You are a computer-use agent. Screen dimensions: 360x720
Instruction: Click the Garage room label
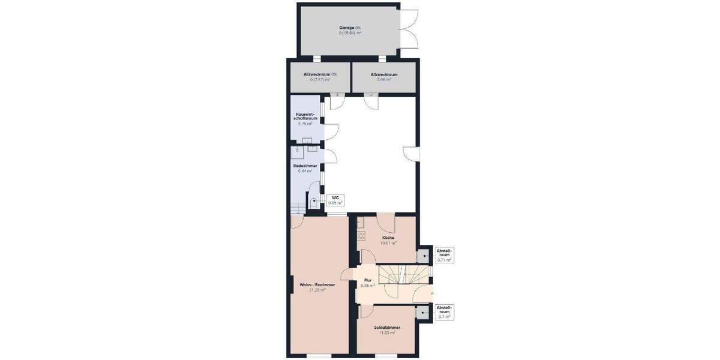click(x=350, y=28)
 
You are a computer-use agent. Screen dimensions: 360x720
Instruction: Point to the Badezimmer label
click(x=305, y=166)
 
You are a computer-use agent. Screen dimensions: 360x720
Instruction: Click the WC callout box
click(x=335, y=200)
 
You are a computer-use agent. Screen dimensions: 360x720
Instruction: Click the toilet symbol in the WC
click(x=314, y=203)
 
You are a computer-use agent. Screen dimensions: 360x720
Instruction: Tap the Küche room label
click(x=388, y=238)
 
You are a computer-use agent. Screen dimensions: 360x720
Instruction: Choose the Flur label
click(x=368, y=280)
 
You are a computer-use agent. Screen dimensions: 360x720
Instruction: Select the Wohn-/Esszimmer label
click(x=317, y=284)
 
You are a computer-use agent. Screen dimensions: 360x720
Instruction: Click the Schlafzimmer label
click(x=387, y=328)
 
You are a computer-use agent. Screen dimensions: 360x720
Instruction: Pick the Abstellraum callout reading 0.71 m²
click(x=444, y=255)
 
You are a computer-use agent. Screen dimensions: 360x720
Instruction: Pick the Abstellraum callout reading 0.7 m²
click(x=444, y=312)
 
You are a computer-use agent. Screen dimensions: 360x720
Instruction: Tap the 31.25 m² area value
click(x=317, y=290)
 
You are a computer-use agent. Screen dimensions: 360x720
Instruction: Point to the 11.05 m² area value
click(x=387, y=332)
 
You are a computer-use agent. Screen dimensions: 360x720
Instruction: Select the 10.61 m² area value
click(x=388, y=243)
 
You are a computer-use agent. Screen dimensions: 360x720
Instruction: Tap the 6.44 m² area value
click(x=305, y=171)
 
